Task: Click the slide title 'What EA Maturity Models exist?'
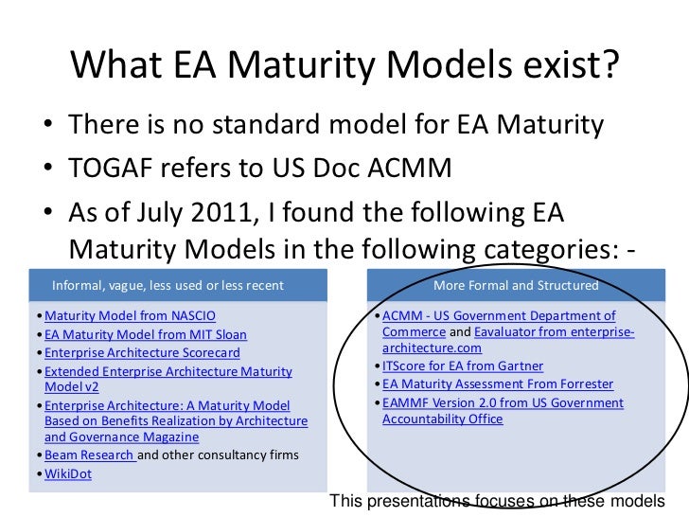(344, 63)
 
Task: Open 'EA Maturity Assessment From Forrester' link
(498, 384)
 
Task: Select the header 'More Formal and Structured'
(515, 285)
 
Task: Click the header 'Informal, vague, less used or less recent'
(168, 285)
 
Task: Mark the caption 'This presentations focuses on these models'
(496, 501)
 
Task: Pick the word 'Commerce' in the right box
(414, 332)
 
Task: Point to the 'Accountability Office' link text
(442, 419)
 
